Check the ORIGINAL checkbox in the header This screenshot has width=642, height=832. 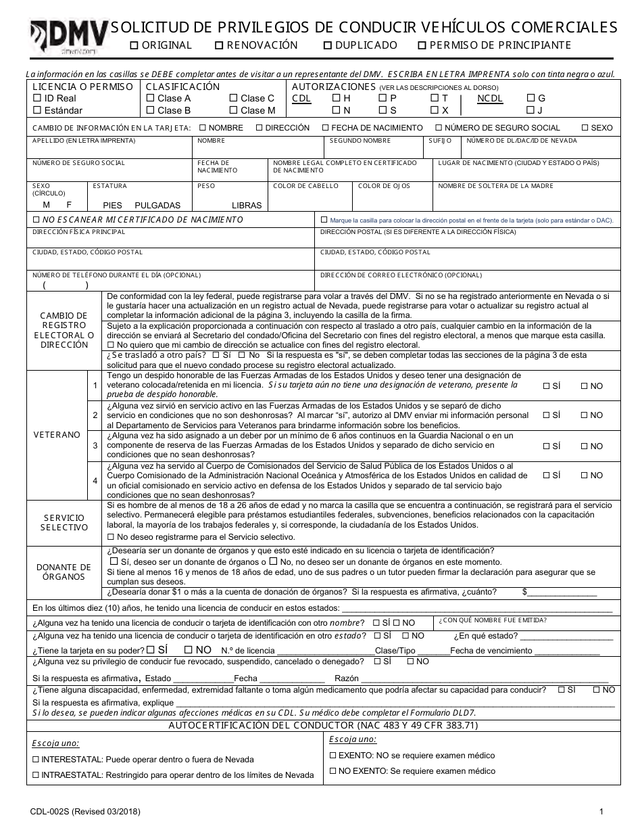click(134, 46)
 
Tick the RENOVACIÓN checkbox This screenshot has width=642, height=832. click(219, 46)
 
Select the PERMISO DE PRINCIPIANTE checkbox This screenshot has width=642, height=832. click(422, 46)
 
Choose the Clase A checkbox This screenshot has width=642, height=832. click(150, 99)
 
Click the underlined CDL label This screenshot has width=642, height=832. click(301, 99)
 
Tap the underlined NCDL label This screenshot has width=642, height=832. click(490, 99)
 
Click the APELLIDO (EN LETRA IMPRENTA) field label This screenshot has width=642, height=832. click(84, 141)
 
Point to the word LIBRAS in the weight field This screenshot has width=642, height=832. click(246, 205)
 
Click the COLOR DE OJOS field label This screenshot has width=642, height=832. click(384, 186)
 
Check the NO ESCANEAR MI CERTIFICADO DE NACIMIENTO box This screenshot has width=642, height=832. click(36, 220)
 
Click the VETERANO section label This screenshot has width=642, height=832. click(57, 435)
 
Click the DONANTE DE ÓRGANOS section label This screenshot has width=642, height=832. click(64, 572)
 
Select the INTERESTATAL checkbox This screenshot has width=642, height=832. click(36, 760)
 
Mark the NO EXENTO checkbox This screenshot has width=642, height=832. click(332, 771)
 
